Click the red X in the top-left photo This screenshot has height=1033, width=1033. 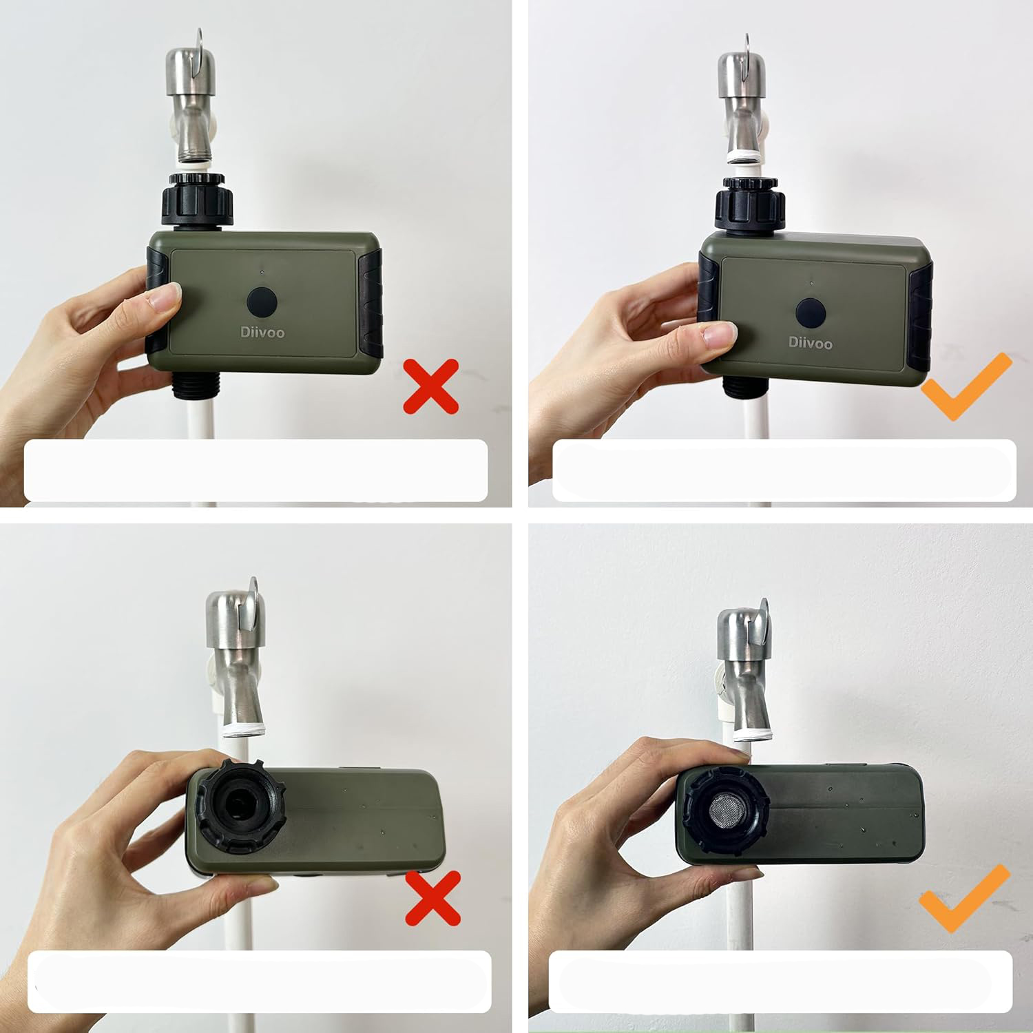(431, 386)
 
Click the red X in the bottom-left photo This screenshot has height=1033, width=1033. (432, 898)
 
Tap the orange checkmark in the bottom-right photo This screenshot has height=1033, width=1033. (966, 898)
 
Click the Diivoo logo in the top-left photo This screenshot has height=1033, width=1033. (262, 333)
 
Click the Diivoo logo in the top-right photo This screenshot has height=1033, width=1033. (810, 342)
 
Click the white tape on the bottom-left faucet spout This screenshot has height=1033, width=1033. (244, 730)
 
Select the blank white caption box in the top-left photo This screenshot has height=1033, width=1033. (256, 470)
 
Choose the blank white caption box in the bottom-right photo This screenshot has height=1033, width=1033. (781, 982)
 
